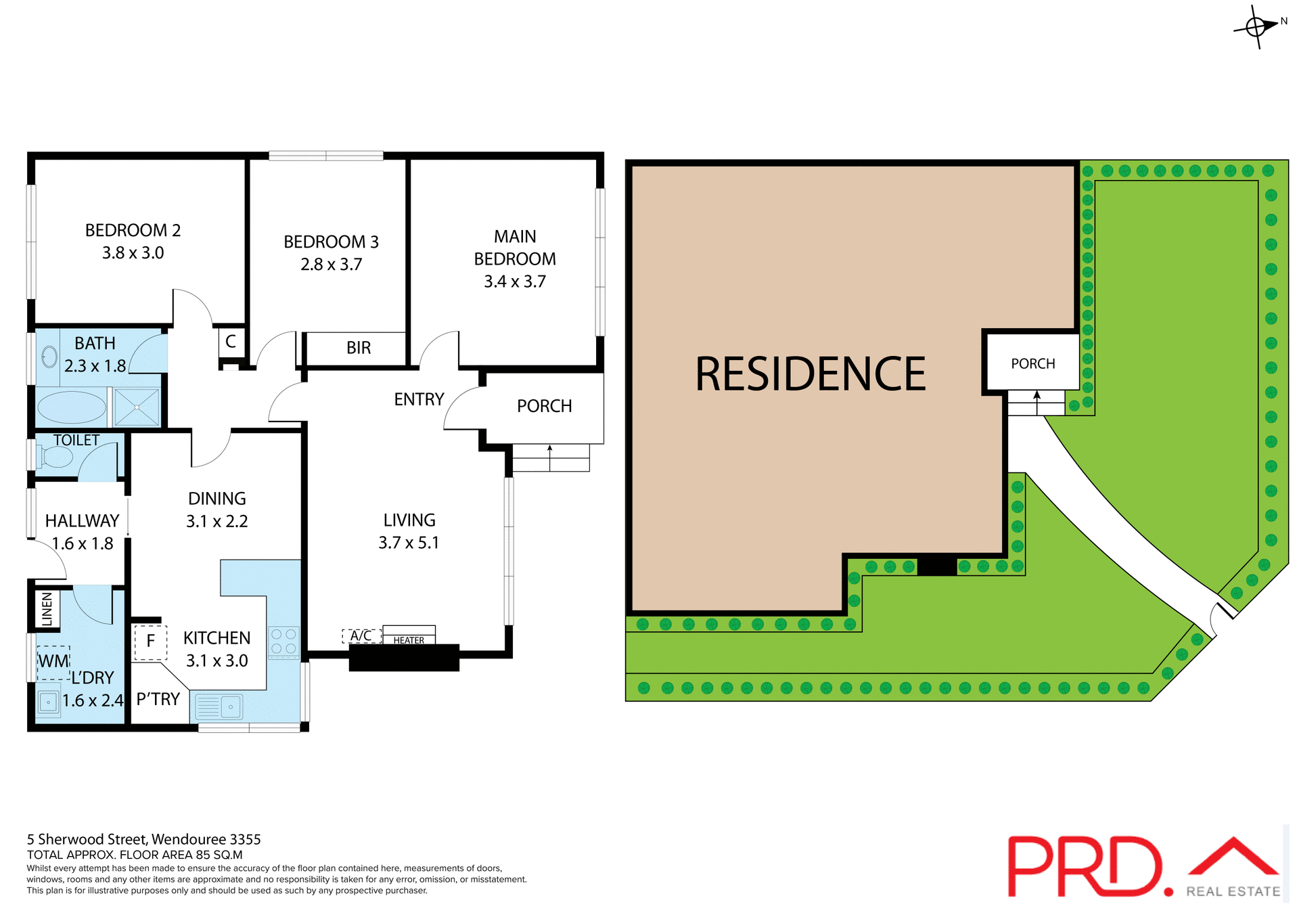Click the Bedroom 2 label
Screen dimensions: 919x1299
click(133, 231)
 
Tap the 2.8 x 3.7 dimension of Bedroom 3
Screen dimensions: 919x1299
click(331, 265)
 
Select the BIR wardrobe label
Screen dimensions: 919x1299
click(358, 348)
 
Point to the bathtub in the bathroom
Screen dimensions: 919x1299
click(71, 408)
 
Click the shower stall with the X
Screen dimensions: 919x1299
click(137, 407)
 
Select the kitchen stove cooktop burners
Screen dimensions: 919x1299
click(283, 642)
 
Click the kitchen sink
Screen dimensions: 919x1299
click(219, 707)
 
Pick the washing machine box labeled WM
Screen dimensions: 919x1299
click(53, 662)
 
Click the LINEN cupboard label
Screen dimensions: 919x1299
click(47, 609)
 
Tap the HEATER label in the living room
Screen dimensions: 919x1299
click(409, 640)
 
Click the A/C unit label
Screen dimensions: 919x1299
click(361, 636)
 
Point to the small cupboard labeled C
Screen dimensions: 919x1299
click(231, 342)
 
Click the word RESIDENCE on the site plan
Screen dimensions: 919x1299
click(810, 374)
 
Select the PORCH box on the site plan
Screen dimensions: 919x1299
click(1032, 363)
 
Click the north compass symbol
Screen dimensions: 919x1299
click(1256, 27)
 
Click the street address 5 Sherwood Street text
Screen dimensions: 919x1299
click(143, 840)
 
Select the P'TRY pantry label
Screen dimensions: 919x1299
click(158, 699)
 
